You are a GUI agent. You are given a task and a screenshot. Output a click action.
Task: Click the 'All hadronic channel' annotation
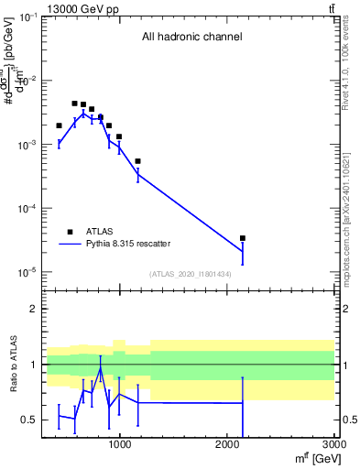[191, 38]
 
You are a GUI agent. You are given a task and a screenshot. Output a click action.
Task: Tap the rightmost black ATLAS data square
[243, 238]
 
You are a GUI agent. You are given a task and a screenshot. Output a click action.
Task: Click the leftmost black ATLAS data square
[59, 125]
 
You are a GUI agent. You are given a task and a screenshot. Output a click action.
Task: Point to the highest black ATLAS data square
[74, 104]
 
